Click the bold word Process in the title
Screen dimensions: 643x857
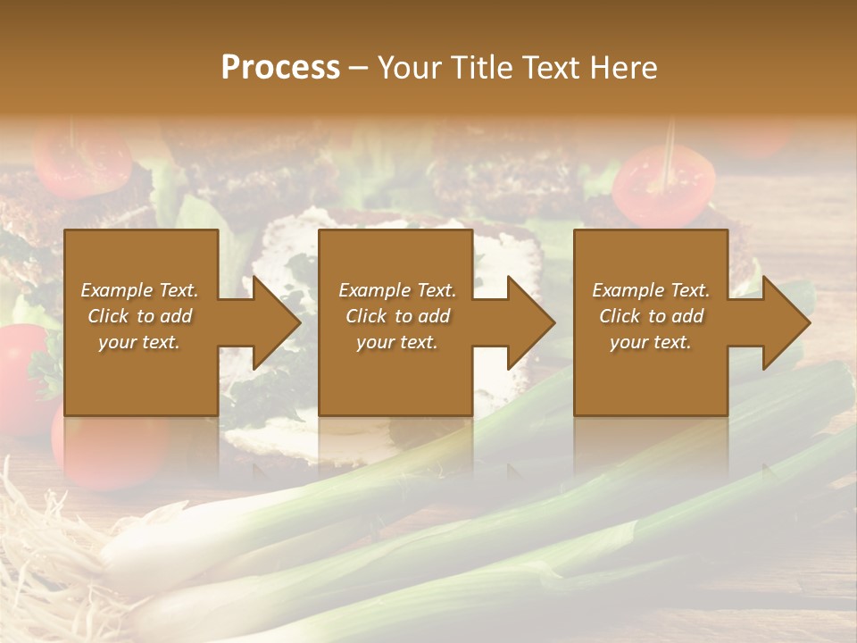[x=280, y=68]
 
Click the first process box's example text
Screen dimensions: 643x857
[x=140, y=315]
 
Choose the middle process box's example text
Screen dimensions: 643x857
[x=396, y=315]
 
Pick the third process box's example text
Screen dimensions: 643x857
[x=651, y=315]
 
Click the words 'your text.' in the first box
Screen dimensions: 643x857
[x=139, y=341]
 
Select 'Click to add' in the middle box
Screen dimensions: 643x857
[x=397, y=316]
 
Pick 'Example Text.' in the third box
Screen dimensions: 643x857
[x=651, y=290]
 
